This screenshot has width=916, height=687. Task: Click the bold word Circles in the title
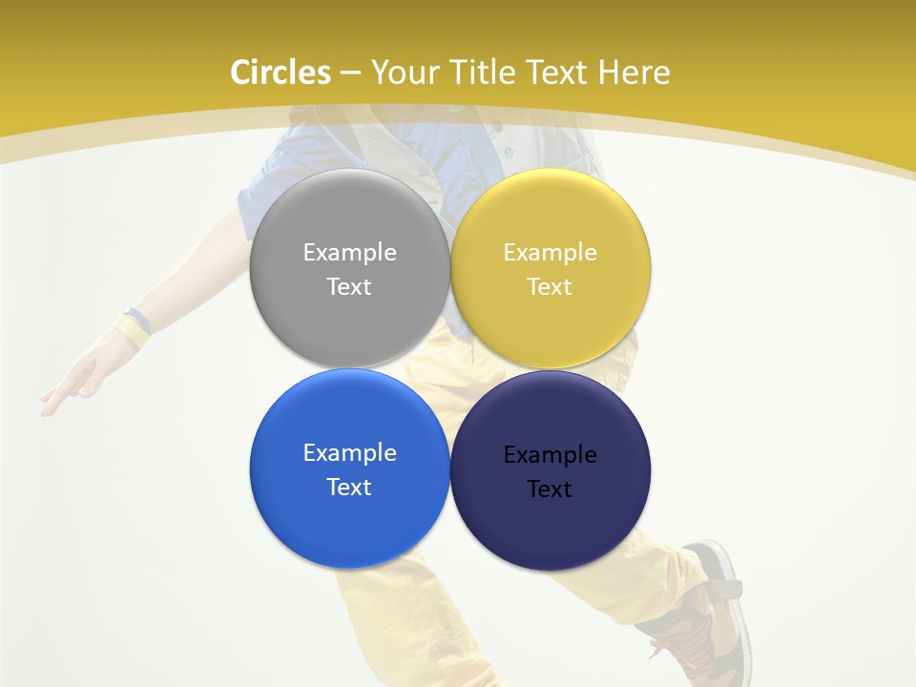[x=281, y=73]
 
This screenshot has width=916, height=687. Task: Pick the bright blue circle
[x=349, y=520]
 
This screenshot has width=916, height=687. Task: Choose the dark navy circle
[x=551, y=525]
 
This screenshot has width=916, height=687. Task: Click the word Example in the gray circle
[x=349, y=252]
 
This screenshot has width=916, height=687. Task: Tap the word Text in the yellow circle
[x=550, y=286]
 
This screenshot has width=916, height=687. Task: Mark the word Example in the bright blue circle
[x=349, y=452]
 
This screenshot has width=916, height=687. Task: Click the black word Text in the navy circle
[x=550, y=489]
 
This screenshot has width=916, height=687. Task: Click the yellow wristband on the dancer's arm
[x=133, y=330]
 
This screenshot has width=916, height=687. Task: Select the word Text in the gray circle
[x=349, y=286]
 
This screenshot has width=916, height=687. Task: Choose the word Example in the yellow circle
[x=550, y=252]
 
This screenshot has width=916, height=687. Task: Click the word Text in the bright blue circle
[x=349, y=487]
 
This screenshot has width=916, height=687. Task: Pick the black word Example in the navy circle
[x=550, y=454]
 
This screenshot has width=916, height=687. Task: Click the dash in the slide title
[x=350, y=73]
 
